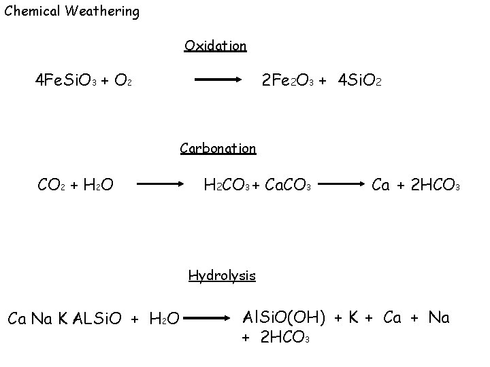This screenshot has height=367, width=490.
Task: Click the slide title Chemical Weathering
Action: click(71, 12)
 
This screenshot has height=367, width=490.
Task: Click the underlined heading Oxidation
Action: click(215, 46)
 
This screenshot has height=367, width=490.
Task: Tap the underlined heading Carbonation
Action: click(218, 148)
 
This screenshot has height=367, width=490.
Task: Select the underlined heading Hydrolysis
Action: click(222, 275)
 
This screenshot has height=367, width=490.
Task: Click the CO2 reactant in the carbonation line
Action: click(52, 183)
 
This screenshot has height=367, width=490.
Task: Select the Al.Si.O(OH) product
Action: click(285, 317)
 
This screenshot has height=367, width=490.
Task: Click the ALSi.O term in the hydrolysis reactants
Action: click(97, 317)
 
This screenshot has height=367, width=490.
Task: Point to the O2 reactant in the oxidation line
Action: click(122, 81)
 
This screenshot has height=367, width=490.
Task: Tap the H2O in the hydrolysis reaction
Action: click(164, 318)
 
